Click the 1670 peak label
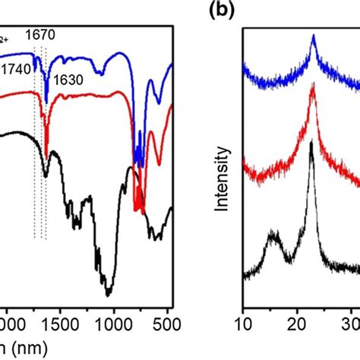coord(40,34)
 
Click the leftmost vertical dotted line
coord(34,152)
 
